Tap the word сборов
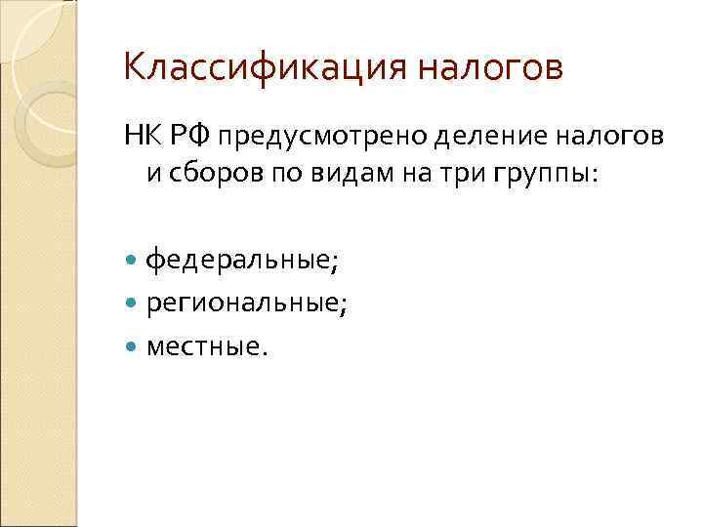coord(206,174)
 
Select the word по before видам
coord(276,174)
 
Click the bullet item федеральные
coord(241,262)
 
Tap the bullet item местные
coord(205,345)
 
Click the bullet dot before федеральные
coord(133,262)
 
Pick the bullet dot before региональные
coord(133,304)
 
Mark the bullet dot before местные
coord(133,345)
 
